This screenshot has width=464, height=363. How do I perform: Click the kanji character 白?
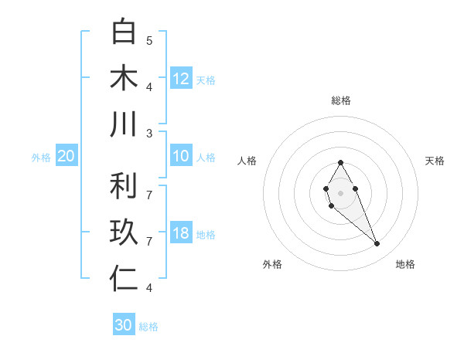(x=124, y=32)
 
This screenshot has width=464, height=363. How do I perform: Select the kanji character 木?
(x=124, y=78)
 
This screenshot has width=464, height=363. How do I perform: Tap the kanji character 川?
(x=124, y=124)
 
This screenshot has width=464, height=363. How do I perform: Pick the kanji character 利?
(x=124, y=186)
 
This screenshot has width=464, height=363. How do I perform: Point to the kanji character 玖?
(x=124, y=232)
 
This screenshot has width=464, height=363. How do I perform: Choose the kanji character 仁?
(x=124, y=279)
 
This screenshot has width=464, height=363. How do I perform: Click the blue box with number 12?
(x=181, y=79)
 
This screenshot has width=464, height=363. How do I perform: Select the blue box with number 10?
(x=181, y=157)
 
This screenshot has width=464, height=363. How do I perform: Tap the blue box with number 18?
(x=181, y=234)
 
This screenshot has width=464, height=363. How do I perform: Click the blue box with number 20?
(x=66, y=157)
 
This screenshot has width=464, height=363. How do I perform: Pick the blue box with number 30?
(x=124, y=325)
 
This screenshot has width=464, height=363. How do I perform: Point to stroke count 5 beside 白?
(x=149, y=40)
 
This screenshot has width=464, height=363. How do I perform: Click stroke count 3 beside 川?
(x=149, y=133)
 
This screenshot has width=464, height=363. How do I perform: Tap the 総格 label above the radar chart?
(x=340, y=100)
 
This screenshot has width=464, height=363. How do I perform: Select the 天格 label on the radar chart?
(x=435, y=161)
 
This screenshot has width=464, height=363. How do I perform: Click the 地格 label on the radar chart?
(x=405, y=264)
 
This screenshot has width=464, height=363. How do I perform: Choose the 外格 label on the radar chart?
(x=272, y=264)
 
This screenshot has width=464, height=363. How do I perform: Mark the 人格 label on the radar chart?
(x=247, y=161)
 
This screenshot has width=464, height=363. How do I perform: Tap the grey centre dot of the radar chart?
(x=340, y=192)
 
